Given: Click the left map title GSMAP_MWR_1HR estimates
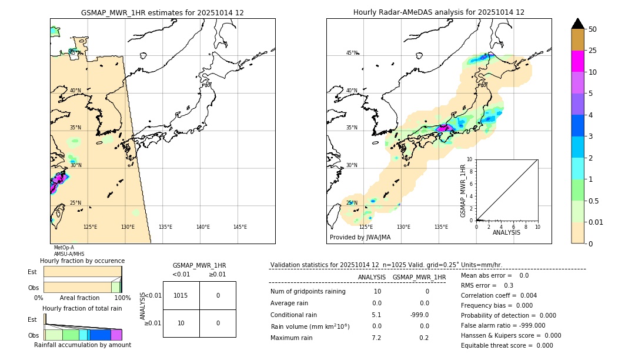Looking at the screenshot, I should tap(162, 12).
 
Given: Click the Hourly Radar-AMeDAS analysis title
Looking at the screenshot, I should tap(439, 12).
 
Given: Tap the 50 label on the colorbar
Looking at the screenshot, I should tap(593, 29).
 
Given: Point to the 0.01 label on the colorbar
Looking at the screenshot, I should tap(596, 222).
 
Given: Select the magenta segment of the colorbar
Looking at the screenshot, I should tap(577, 61).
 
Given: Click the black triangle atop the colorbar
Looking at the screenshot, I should tap(577, 24).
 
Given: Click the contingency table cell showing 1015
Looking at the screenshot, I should tap(181, 295).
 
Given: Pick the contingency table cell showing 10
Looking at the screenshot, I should tap(181, 323).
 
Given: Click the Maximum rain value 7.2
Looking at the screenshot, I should tap(376, 338).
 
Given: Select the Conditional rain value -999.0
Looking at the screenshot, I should tap(419, 315).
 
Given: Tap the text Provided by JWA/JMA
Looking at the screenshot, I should tap(360, 238).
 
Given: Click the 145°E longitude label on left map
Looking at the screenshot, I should tap(240, 227).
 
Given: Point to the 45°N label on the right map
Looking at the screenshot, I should tap(352, 53).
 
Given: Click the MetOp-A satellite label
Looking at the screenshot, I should tap(63, 248).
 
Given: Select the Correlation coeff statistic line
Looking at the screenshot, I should tap(499, 295).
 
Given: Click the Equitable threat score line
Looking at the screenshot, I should tap(507, 345).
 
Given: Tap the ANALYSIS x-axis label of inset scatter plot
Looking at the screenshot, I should tap(506, 232).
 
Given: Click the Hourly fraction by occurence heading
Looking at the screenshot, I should tap(82, 261).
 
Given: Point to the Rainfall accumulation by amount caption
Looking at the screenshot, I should tap(82, 345).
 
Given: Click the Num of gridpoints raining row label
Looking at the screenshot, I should tap(308, 292).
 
